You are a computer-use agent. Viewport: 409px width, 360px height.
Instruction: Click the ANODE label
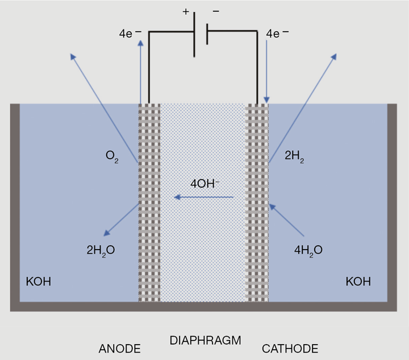pyautogui.click(x=119, y=348)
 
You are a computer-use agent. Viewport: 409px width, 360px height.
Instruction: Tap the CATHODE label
pyautogui.click(x=290, y=348)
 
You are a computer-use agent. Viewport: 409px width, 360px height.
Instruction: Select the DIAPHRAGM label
pyautogui.click(x=205, y=341)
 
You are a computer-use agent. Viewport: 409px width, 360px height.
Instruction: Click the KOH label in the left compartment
pyautogui.click(x=39, y=281)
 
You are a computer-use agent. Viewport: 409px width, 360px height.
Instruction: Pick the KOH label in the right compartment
pyautogui.click(x=358, y=281)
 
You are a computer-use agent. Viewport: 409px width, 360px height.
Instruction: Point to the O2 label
pyautogui.click(x=112, y=157)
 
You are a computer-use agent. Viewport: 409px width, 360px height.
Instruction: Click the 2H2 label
pyautogui.click(x=295, y=157)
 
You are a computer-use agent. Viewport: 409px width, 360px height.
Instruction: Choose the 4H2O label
pyautogui.click(x=308, y=249)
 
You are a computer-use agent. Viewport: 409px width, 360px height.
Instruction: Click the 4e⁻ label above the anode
pyautogui.click(x=128, y=34)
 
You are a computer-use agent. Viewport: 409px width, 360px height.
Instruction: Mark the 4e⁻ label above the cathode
pyautogui.click(x=277, y=34)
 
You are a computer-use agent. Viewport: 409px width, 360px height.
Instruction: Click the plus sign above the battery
pyautogui.click(x=186, y=12)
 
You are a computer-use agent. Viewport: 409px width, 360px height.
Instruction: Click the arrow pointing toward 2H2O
pyautogui.click(x=122, y=219)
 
